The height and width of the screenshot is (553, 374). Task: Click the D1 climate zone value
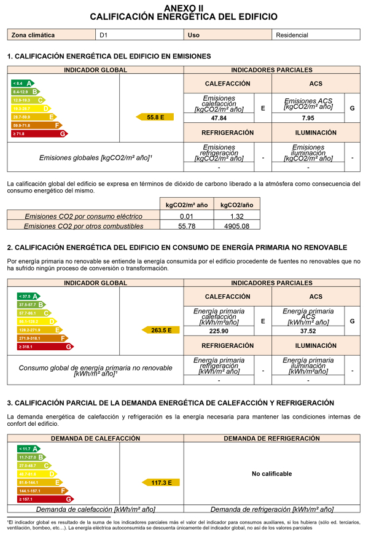tap(104, 35)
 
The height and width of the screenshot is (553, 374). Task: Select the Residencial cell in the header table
tap(292, 35)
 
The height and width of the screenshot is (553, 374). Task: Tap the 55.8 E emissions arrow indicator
tap(157, 117)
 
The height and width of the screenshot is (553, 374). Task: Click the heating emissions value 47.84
tap(219, 118)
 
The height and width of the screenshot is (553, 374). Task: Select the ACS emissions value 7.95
tap(308, 118)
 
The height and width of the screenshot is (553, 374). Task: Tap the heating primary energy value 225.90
tap(219, 331)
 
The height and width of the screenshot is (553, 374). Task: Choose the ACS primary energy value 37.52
tap(308, 331)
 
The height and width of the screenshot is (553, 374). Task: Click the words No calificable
tap(271, 474)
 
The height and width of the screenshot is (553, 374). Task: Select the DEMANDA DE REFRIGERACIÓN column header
tap(271, 439)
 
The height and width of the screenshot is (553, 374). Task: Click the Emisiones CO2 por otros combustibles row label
tap(83, 226)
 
